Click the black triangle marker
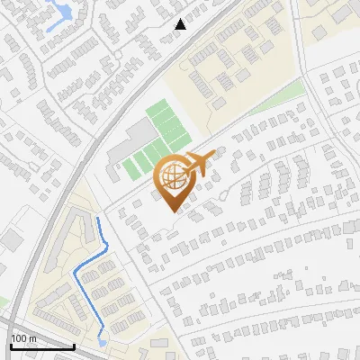181,24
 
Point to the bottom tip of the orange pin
173,211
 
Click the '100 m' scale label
24,337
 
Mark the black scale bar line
41,346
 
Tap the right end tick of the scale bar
74,344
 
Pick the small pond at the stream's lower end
101,342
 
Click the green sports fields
157,139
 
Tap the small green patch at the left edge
4,301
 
